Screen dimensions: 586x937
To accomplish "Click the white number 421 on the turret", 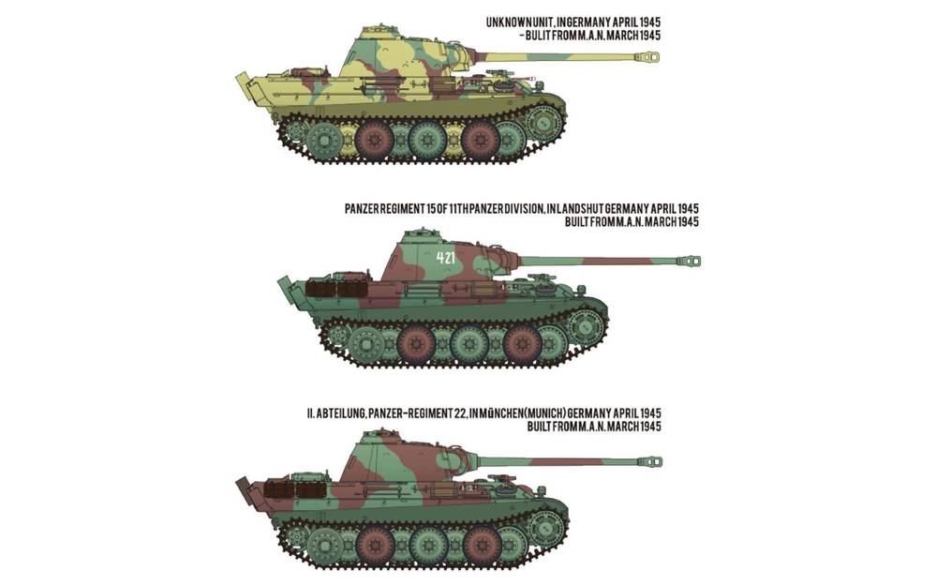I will coord(445,255).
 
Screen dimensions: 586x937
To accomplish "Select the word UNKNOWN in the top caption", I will coord(510,22).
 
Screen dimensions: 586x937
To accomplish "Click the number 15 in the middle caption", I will coord(435,208).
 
